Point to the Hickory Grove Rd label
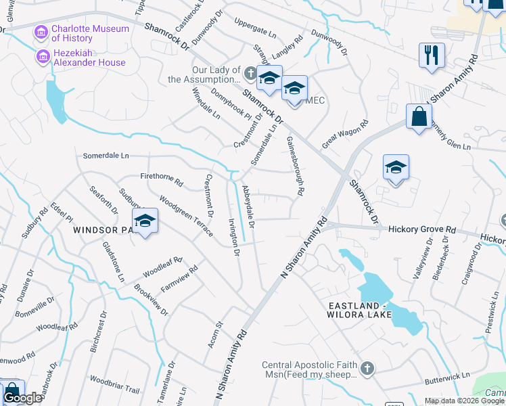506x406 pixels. [421, 230]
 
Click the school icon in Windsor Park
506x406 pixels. [144, 221]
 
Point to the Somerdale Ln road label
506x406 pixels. [106, 156]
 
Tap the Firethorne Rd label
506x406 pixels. [161, 179]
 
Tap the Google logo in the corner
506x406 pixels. [22, 398]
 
